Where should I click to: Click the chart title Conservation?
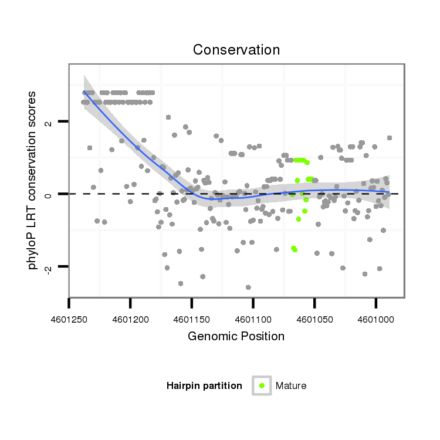click(x=236, y=50)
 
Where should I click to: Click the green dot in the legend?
click(x=262, y=385)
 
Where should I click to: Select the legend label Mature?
click(x=291, y=385)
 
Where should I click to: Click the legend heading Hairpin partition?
click(x=204, y=385)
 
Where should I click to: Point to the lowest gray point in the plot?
click(x=248, y=287)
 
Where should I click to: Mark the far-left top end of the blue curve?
click(x=84, y=92)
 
